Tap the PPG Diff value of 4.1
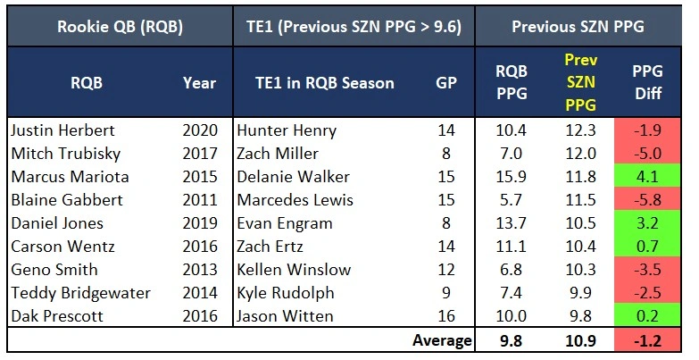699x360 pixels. tap(645, 177)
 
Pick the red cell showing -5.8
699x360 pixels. tap(645, 200)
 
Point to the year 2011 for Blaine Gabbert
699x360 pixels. tap(199, 200)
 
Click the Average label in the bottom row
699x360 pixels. tap(442, 340)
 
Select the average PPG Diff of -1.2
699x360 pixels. tap(645, 340)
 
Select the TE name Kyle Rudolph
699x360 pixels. tap(280, 293)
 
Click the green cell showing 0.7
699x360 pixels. tap(645, 247)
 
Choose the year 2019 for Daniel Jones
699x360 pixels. tap(199, 223)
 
